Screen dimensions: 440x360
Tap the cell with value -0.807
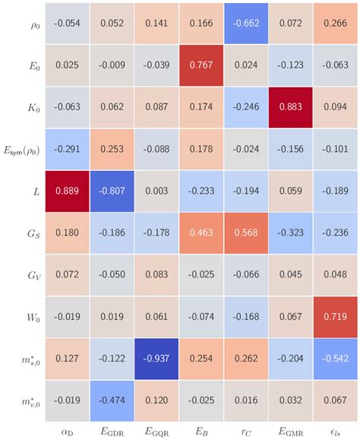(x=112, y=191)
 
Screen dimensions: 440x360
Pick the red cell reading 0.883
(x=290, y=107)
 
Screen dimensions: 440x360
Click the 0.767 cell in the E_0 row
(x=201, y=65)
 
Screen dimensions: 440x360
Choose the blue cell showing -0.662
(x=246, y=23)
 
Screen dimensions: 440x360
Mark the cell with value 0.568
(x=246, y=233)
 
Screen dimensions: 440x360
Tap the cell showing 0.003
(x=156, y=191)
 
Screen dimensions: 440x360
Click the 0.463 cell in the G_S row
(x=201, y=233)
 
